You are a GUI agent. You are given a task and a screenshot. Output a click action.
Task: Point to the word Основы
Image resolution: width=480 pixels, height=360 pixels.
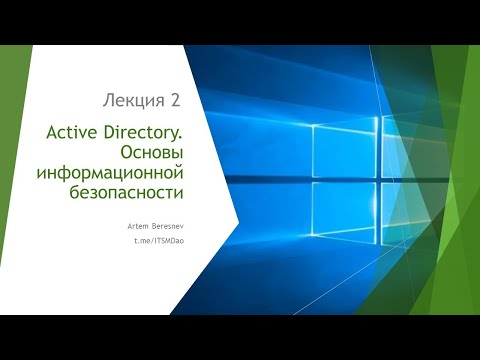point(156,151)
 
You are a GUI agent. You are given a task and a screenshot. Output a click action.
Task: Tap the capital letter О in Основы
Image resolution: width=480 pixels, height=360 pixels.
point(125,151)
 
